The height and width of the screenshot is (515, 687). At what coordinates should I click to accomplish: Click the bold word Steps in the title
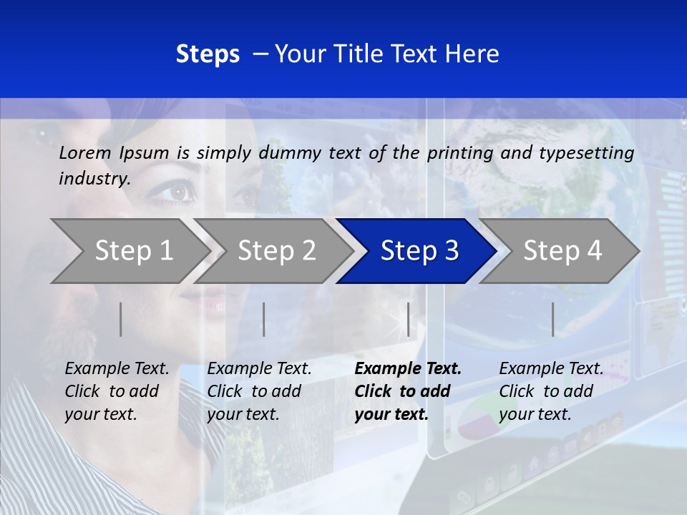208,54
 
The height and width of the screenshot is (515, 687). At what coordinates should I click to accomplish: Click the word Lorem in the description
85,152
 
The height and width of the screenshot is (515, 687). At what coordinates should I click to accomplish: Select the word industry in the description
94,179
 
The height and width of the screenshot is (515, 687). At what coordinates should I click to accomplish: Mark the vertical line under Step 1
121,319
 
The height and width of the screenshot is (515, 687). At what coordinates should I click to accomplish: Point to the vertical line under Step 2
264,319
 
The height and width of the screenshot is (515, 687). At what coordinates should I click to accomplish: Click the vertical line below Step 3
408,319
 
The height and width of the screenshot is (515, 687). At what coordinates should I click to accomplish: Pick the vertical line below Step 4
552,319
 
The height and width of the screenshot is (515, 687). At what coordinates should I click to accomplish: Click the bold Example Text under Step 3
408,369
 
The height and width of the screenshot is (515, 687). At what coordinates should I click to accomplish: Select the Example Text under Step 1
117,369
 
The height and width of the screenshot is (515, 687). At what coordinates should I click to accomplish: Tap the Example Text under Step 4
551,369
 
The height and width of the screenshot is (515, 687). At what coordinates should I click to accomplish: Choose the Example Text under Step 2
259,369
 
